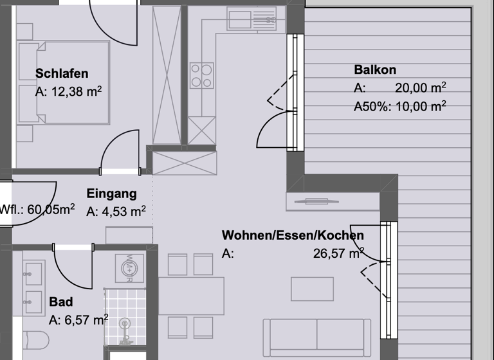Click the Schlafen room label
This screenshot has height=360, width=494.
[62, 74]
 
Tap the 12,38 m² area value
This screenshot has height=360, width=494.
[69, 92]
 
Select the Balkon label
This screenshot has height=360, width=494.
[375, 69]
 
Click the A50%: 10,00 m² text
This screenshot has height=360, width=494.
[400, 106]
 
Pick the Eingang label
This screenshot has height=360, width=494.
[111, 194]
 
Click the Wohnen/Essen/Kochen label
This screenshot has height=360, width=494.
[293, 235]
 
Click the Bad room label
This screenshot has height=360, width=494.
[60, 301]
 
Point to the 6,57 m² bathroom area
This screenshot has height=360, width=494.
[78, 319]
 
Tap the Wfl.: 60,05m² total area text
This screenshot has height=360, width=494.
[37, 208]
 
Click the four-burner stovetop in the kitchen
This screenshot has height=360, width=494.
[201, 75]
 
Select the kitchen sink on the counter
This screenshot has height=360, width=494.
[252, 19]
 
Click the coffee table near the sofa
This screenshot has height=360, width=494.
[312, 289]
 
